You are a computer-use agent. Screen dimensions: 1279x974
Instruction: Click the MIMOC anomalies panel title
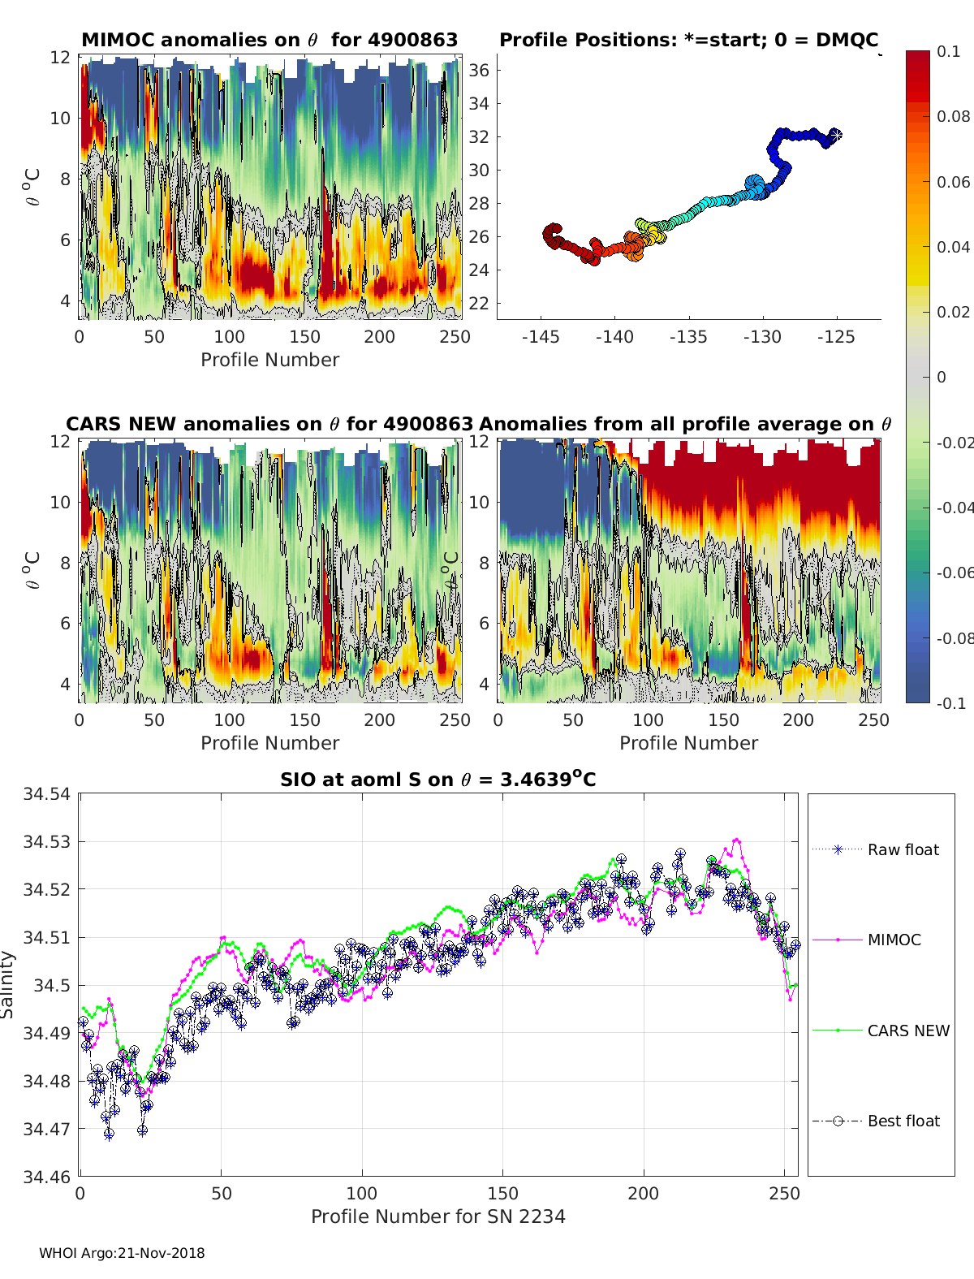click(269, 40)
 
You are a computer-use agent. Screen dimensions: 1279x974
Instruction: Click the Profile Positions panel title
click(688, 40)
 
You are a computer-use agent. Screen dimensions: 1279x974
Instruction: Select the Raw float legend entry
click(903, 849)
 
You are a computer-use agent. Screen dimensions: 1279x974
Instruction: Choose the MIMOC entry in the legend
click(894, 940)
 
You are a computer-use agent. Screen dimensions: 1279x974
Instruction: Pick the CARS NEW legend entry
click(907, 1031)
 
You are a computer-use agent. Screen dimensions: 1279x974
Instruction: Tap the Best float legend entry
click(903, 1121)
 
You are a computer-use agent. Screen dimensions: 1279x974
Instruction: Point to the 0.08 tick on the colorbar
click(953, 116)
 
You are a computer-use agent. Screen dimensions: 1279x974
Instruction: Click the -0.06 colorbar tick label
click(955, 573)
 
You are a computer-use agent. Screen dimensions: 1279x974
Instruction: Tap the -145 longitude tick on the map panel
click(541, 336)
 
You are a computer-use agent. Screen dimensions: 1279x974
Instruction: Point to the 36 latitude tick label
click(479, 70)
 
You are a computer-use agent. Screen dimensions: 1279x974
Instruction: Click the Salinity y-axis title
click(8, 984)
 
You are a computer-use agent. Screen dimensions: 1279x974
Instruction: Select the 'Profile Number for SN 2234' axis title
click(437, 1216)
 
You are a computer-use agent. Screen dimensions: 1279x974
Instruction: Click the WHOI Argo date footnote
click(122, 1253)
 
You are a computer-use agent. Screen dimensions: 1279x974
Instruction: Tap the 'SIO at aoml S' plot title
click(437, 780)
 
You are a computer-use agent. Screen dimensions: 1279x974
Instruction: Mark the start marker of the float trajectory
click(834, 135)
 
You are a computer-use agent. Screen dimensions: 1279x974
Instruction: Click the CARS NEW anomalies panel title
click(269, 424)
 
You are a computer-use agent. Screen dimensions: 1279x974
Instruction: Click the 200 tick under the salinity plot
click(644, 1193)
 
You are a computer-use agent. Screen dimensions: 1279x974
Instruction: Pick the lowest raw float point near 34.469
click(109, 1134)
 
